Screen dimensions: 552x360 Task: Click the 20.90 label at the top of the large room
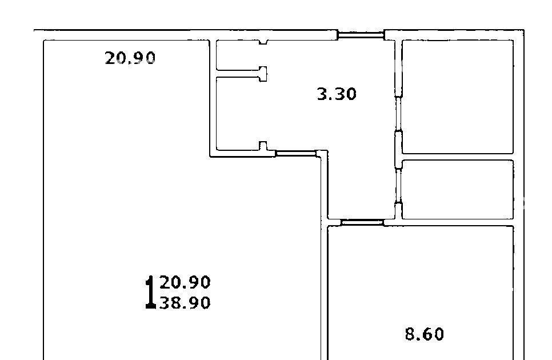[130, 58]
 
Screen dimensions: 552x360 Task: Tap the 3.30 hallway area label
[337, 94]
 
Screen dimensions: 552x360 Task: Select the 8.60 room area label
[424, 334]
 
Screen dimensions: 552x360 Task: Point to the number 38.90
[185, 303]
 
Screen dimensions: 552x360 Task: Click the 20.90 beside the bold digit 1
[185, 282]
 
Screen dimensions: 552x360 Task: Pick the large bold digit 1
[151, 292]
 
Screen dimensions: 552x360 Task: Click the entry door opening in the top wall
[361, 35]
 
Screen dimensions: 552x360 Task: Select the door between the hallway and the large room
[296, 153]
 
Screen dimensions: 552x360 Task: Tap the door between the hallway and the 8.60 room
[362, 222]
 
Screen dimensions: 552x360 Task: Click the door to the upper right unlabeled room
[398, 114]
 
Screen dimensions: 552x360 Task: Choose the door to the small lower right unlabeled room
[398, 186]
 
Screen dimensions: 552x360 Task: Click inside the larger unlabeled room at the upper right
[457, 97]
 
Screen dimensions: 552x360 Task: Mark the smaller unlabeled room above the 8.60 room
[457, 190]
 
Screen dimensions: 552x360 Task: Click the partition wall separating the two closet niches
[241, 74]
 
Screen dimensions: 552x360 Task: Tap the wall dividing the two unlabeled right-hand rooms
[457, 157]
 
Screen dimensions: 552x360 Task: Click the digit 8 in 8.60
[410, 334]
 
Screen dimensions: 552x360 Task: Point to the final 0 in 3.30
[351, 94]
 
